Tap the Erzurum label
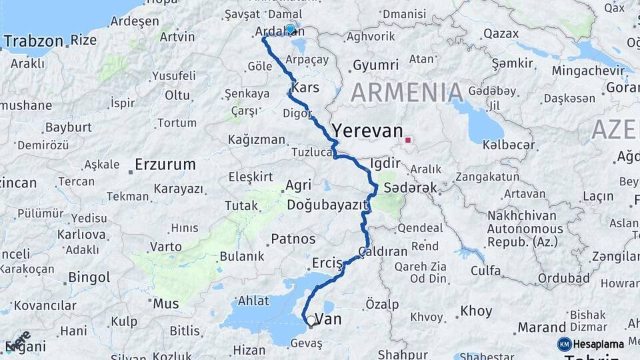click(165, 164)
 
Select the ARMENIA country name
click(407, 93)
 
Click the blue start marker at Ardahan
click(290, 29)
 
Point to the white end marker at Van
click(311, 321)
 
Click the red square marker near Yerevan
click(407, 140)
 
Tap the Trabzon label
click(35, 41)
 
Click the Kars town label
click(306, 88)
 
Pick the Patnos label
click(293, 238)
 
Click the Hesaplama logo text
click(598, 344)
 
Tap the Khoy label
click(476, 311)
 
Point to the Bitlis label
click(185, 331)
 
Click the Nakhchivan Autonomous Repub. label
click(525, 229)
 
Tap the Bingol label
click(89, 276)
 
